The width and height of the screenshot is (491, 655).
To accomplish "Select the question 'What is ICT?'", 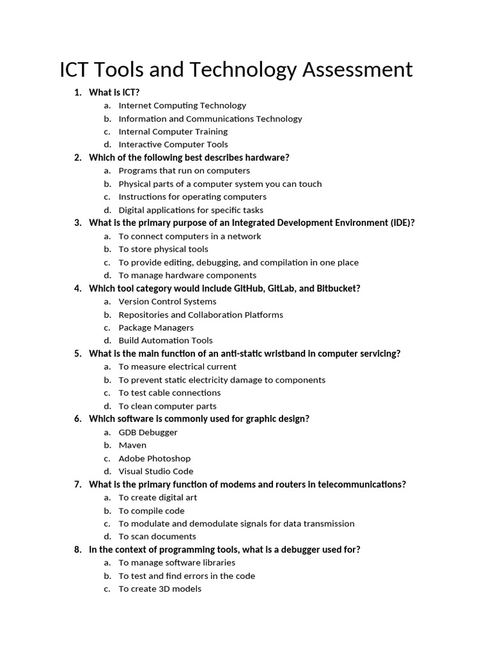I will (x=114, y=92).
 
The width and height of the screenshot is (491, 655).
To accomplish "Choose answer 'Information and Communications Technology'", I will (x=210, y=118).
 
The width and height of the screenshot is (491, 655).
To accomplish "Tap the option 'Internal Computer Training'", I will (x=173, y=131).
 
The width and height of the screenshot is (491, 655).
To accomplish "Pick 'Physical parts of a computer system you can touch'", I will (x=220, y=184).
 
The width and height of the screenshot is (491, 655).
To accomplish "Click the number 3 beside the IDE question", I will (x=77, y=223).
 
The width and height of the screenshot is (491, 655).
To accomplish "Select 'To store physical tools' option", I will (x=163, y=249).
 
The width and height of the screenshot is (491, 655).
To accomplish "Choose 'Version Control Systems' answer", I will (x=167, y=301).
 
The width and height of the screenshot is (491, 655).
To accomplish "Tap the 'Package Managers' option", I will (x=155, y=327).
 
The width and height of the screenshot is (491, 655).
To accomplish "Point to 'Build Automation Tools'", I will (x=165, y=340).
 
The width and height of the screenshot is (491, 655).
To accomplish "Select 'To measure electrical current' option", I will (x=177, y=367).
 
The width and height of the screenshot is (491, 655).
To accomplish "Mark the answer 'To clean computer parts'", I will (x=167, y=406).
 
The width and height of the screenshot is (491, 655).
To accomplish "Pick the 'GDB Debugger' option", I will (x=148, y=432).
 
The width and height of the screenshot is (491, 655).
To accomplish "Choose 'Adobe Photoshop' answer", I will (x=154, y=458).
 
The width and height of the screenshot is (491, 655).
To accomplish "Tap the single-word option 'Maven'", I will (x=132, y=445).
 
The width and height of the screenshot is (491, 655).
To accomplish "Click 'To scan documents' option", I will (x=157, y=537).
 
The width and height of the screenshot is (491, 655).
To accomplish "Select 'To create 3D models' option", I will (x=160, y=588).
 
